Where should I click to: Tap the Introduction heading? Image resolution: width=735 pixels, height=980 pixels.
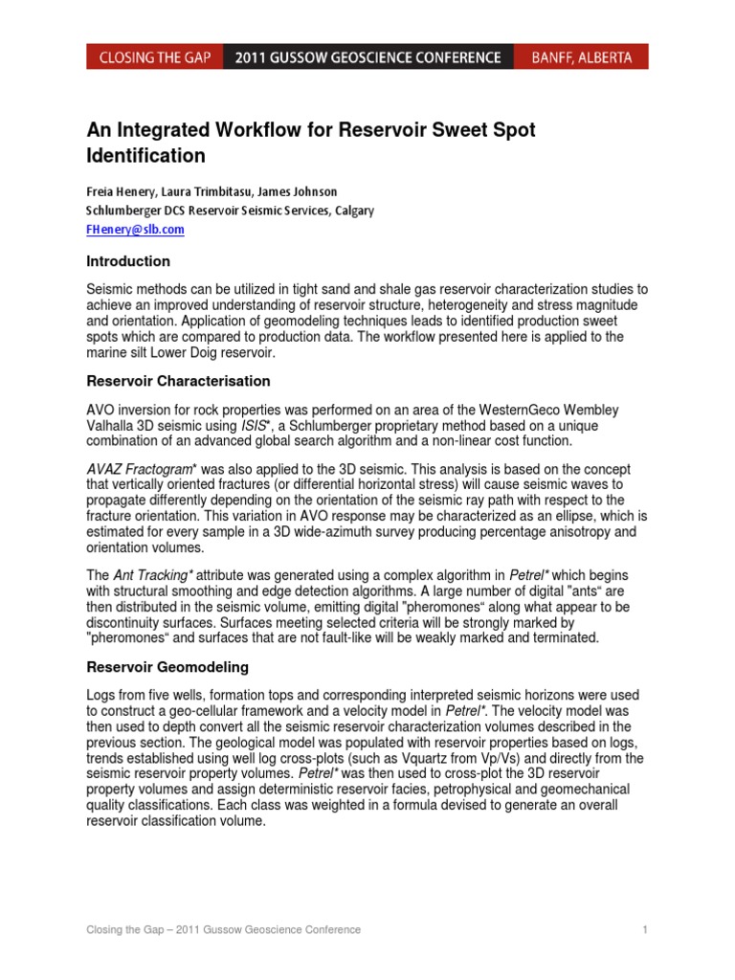(x=128, y=261)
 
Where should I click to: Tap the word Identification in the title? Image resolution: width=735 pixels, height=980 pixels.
(x=145, y=155)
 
